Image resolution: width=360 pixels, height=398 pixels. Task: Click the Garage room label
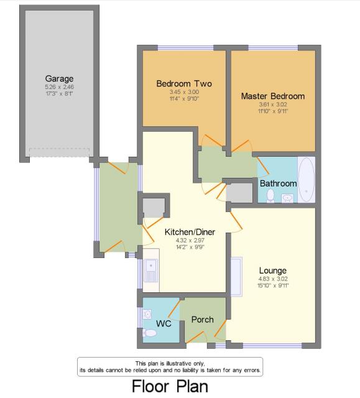pyautogui.click(x=59, y=79)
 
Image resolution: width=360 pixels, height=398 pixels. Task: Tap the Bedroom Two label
pyautogui.click(x=184, y=83)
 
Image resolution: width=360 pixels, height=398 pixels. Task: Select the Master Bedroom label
pyautogui.click(x=273, y=96)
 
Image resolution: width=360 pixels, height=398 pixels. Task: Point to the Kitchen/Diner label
pyautogui.click(x=190, y=232)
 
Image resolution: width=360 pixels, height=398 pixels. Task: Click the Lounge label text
pyautogui.click(x=273, y=271)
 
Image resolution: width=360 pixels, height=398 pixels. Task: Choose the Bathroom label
pyautogui.click(x=279, y=183)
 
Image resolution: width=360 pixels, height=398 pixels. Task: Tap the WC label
pyautogui.click(x=164, y=323)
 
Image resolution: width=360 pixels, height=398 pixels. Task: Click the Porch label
pyautogui.click(x=202, y=320)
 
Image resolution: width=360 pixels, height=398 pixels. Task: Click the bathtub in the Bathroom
pyautogui.click(x=307, y=180)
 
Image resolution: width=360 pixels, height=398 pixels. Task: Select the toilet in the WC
pyautogui.click(x=150, y=333)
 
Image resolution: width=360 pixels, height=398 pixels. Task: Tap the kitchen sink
pyautogui.click(x=151, y=271)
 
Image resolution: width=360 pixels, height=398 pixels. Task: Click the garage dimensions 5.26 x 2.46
pyautogui.click(x=59, y=87)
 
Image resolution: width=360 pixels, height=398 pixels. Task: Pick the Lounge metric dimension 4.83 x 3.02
pyautogui.click(x=273, y=279)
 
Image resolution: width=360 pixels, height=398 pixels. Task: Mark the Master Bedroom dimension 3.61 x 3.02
pyautogui.click(x=273, y=104)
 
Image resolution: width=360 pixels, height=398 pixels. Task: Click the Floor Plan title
pyautogui.click(x=170, y=386)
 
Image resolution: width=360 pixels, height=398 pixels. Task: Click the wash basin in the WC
pyautogui.click(x=147, y=314)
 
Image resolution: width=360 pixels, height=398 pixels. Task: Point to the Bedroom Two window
pyautogui.click(x=185, y=48)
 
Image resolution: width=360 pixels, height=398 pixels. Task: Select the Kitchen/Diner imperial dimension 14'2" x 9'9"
pyautogui.click(x=190, y=247)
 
